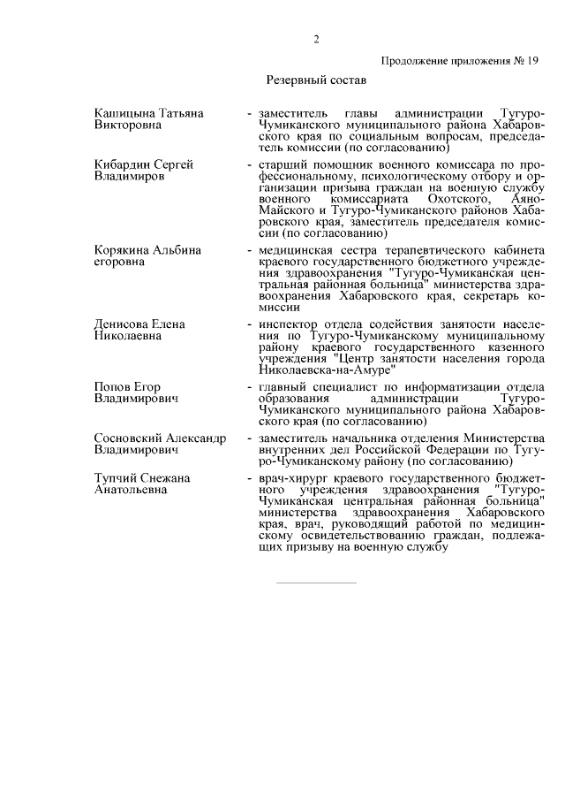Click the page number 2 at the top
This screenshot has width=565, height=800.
[315, 39]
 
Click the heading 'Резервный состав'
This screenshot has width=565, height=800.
[316, 80]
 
